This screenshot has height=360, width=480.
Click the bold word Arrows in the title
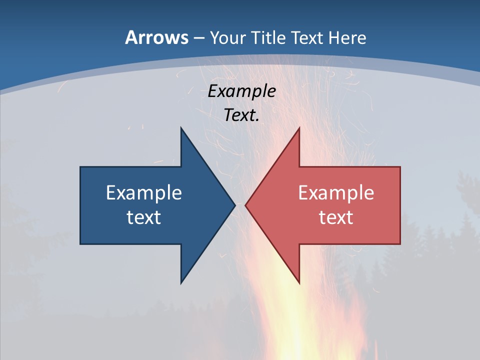tap(156, 38)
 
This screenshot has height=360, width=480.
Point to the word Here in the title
tap(350, 38)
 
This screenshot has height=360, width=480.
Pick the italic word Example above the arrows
tap(242, 91)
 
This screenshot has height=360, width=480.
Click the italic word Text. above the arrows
tap(241, 115)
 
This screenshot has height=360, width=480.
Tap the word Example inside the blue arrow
tap(144, 193)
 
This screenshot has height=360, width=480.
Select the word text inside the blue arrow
tap(144, 217)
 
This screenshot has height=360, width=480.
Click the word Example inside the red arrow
tap(336, 193)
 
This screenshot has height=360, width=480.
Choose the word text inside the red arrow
tap(336, 217)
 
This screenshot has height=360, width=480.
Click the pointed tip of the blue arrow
tap(235, 205)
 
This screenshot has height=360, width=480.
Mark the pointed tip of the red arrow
tap(245, 205)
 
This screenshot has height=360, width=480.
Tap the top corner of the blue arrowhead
tap(181, 128)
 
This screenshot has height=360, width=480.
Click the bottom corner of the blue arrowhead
tap(181, 283)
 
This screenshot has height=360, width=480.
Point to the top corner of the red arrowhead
tap(299, 128)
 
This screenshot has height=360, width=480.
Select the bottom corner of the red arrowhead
tap(299, 283)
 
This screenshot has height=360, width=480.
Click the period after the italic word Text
tap(257, 120)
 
